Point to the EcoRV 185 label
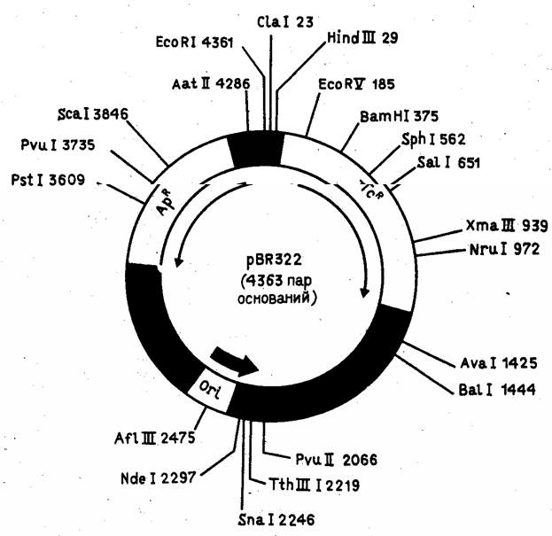[x=349, y=85]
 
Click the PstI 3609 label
[x=55, y=180]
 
